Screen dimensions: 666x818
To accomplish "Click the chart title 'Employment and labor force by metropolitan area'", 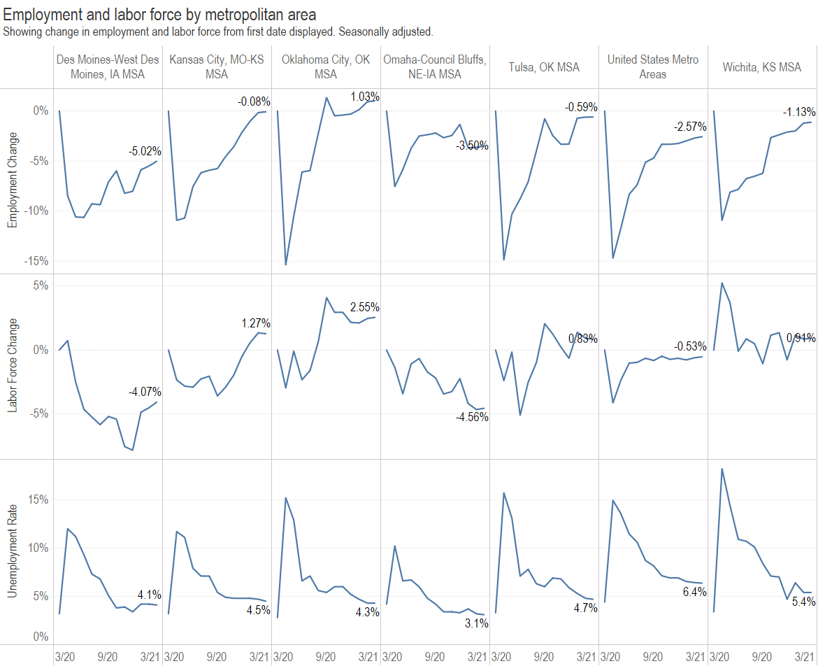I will click(x=159, y=14).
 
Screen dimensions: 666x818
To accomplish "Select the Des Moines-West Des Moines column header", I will click(x=108, y=67).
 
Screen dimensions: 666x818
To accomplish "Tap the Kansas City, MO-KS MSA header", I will click(x=217, y=67).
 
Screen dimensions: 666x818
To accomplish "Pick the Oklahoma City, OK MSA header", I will click(x=326, y=67).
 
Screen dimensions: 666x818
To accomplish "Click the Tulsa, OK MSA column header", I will click(x=544, y=67).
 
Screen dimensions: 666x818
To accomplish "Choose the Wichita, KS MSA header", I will click(x=762, y=67).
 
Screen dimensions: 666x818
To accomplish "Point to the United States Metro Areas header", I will click(x=653, y=67).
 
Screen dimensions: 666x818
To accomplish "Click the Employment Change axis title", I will click(x=13, y=180).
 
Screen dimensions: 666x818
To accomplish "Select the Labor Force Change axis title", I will click(x=13, y=365).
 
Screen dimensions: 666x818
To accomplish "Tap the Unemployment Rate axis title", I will click(x=13, y=551).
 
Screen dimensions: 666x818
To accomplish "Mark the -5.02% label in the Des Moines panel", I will click(x=145, y=150).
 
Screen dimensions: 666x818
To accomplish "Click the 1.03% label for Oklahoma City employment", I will click(x=364, y=97).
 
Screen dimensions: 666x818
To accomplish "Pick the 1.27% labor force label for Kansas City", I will click(x=255, y=323).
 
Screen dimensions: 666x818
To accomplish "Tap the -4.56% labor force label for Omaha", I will click(x=472, y=417).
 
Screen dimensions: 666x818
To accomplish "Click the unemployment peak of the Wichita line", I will click(x=722, y=469).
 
